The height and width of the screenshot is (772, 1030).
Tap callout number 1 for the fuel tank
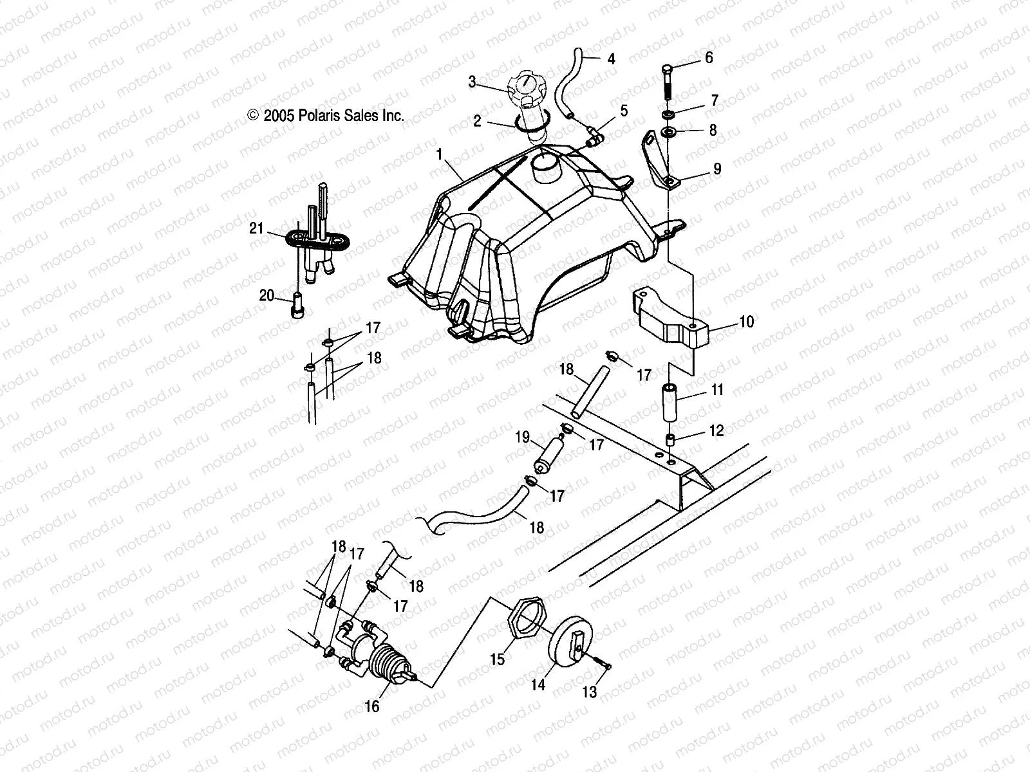pyautogui.click(x=458, y=154)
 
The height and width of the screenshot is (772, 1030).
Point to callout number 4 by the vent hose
pyautogui.click(x=611, y=59)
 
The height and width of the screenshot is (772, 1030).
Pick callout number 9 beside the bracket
pyautogui.click(x=716, y=169)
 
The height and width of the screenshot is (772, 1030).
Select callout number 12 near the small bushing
pyautogui.click(x=717, y=431)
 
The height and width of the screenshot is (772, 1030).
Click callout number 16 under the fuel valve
pyautogui.click(x=371, y=706)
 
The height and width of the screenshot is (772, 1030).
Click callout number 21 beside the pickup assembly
pyautogui.click(x=257, y=228)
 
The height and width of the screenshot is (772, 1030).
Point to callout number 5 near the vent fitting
pyautogui.click(x=623, y=110)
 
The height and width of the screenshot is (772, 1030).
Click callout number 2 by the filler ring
pyautogui.click(x=477, y=121)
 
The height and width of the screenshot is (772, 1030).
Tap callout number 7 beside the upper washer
pyautogui.click(x=714, y=101)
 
